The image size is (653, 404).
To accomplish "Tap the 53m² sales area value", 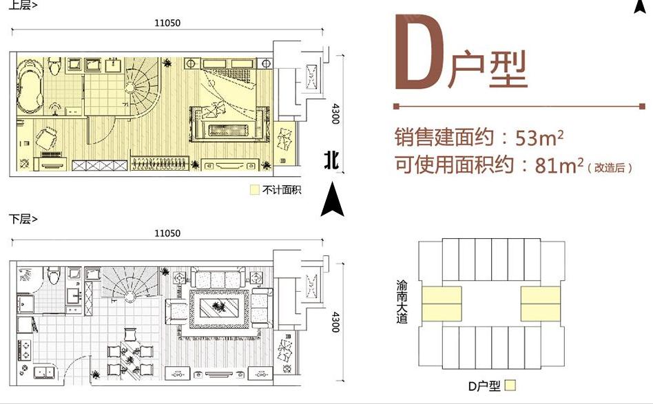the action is point(540,138).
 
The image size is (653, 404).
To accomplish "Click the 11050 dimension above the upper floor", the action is point(167,23).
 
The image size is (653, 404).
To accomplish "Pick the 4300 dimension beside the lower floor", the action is point(335,322).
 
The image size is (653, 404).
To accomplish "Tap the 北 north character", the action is point(331,160).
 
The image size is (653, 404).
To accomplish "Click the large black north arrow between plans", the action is point(332,199).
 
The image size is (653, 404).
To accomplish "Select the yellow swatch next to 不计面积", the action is point(254,190).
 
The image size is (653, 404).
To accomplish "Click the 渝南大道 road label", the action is point(402,301).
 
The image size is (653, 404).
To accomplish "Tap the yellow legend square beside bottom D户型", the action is point(510,385).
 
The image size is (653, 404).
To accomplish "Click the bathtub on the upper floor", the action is point(30,87).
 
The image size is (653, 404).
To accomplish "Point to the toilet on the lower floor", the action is point(54,275).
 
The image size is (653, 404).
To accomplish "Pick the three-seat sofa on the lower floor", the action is point(218,278).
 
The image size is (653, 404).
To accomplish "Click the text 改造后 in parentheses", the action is point(610,168).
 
